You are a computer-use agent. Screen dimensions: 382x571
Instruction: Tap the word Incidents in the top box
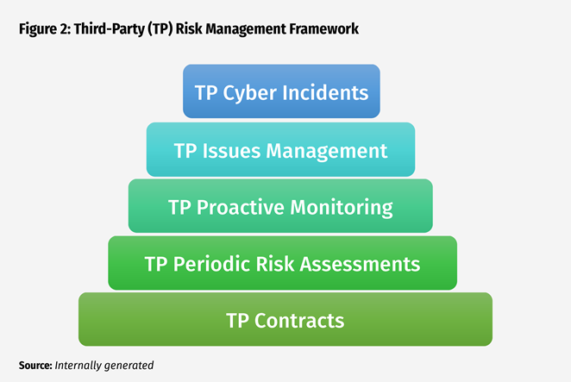pyautogui.click(x=324, y=92)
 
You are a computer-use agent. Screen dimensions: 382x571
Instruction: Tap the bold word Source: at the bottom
pyautogui.click(x=35, y=366)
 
